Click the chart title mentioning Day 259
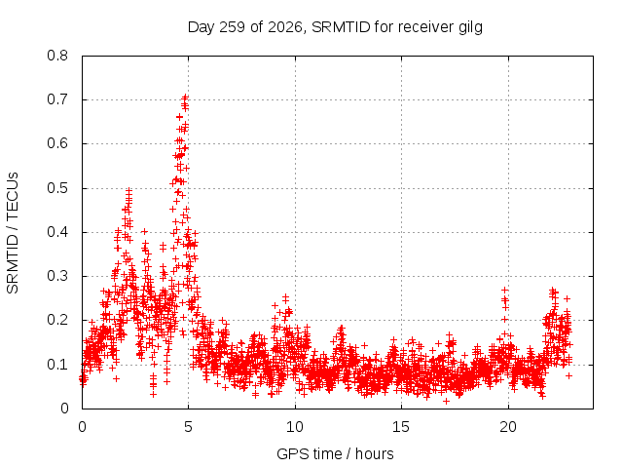(335, 27)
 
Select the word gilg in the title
(470, 28)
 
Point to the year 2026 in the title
(285, 27)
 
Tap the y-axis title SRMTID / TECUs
(13, 233)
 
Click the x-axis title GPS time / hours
(335, 453)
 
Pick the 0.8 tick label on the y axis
(57, 56)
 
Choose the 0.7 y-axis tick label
(57, 99)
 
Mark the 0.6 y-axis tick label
(57, 143)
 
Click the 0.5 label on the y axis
(57, 188)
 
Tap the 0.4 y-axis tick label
(57, 232)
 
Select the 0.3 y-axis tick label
(57, 276)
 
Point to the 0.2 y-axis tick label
(57, 320)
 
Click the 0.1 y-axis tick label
(57, 364)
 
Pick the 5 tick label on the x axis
(188, 427)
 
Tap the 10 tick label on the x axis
(295, 427)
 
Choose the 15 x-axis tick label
(401, 427)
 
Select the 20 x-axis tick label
(508, 427)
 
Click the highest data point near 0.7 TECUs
(185, 97)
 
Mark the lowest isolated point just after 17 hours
(446, 401)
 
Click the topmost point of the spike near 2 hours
(128, 191)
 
